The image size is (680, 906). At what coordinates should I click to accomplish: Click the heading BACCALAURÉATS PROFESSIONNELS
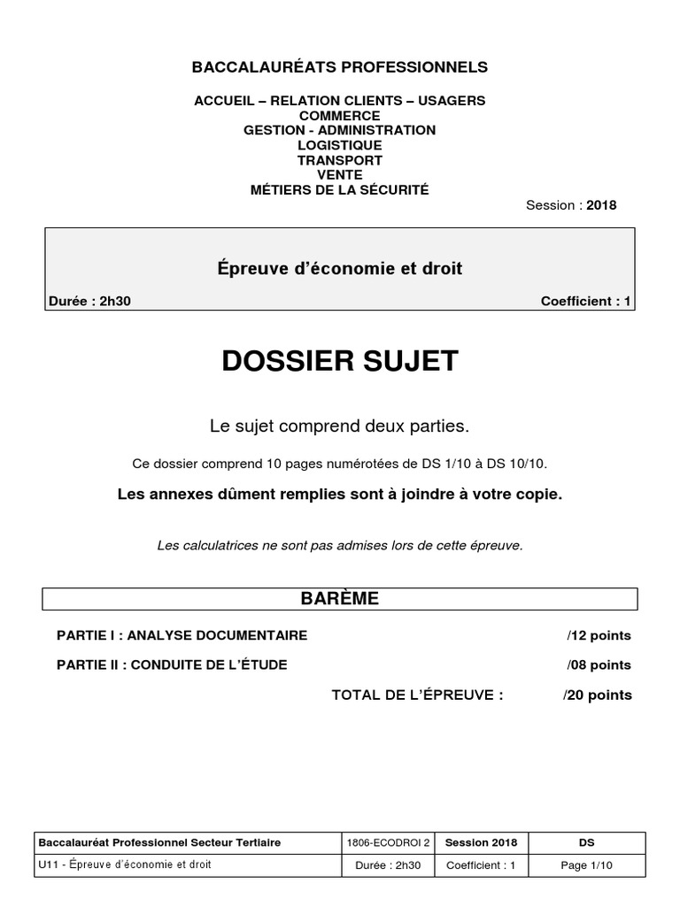(x=340, y=67)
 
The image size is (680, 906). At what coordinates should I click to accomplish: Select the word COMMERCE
(x=340, y=115)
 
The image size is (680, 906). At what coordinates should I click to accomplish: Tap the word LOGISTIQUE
(x=340, y=145)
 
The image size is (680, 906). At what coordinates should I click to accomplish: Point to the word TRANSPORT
(x=340, y=160)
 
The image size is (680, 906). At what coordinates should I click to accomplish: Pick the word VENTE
(x=340, y=175)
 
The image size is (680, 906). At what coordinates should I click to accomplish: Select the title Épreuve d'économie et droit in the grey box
(x=340, y=268)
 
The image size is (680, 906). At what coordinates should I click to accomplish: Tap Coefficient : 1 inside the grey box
(x=585, y=301)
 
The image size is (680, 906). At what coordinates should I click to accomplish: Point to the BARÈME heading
(x=340, y=599)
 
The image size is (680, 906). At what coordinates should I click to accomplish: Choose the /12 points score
(x=599, y=635)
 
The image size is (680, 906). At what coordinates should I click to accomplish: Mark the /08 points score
(x=599, y=664)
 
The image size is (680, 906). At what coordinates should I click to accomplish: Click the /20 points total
(x=598, y=695)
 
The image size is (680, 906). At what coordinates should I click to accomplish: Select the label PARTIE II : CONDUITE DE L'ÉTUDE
(x=172, y=664)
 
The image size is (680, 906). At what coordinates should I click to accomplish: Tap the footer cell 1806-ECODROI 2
(x=390, y=842)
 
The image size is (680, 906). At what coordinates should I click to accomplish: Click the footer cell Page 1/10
(x=586, y=865)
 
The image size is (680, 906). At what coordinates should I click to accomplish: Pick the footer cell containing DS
(x=586, y=842)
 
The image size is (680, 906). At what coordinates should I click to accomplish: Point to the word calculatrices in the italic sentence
(x=218, y=545)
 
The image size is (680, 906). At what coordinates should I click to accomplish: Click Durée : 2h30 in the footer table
(x=390, y=865)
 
